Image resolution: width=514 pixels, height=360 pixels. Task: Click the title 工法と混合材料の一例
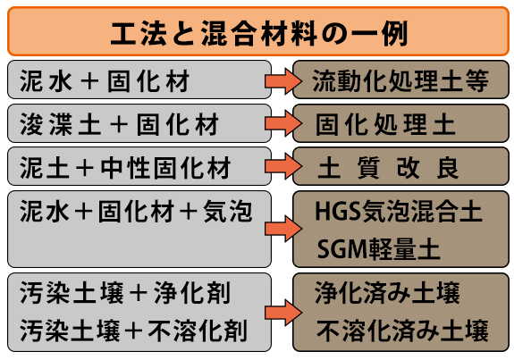[x=258, y=33]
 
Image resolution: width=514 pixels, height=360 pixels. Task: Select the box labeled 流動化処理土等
[x=400, y=80]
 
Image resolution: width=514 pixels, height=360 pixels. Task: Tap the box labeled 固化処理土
[x=400, y=123]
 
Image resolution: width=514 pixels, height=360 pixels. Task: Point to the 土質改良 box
[x=400, y=166]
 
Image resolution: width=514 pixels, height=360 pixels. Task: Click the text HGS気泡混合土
[x=399, y=212]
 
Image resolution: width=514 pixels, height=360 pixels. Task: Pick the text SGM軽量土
[x=378, y=249]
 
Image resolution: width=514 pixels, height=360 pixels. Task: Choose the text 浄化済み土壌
[x=387, y=292]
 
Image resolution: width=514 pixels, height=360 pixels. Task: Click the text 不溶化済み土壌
[x=402, y=331]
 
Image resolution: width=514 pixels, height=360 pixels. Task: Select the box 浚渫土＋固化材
[x=139, y=123]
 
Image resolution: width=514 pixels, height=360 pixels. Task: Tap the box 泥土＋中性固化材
[x=139, y=166]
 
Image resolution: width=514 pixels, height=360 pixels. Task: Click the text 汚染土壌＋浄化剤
[x=125, y=292]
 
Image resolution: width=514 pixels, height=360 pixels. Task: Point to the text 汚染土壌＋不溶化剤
[x=133, y=331]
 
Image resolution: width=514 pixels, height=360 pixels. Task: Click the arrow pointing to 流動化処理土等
[x=283, y=81]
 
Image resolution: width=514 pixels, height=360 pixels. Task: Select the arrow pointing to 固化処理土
[x=283, y=123]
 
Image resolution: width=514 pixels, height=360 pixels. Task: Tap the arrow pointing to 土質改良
[x=283, y=166]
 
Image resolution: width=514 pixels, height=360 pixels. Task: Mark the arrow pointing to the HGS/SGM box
[x=283, y=229]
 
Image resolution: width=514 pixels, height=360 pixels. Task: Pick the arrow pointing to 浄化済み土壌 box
[x=283, y=313]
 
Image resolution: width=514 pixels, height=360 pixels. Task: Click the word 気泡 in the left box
[x=228, y=212]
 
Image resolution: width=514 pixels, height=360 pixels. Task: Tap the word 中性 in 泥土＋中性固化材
[x=125, y=168]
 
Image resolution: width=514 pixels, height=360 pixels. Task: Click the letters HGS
[x=338, y=212]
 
